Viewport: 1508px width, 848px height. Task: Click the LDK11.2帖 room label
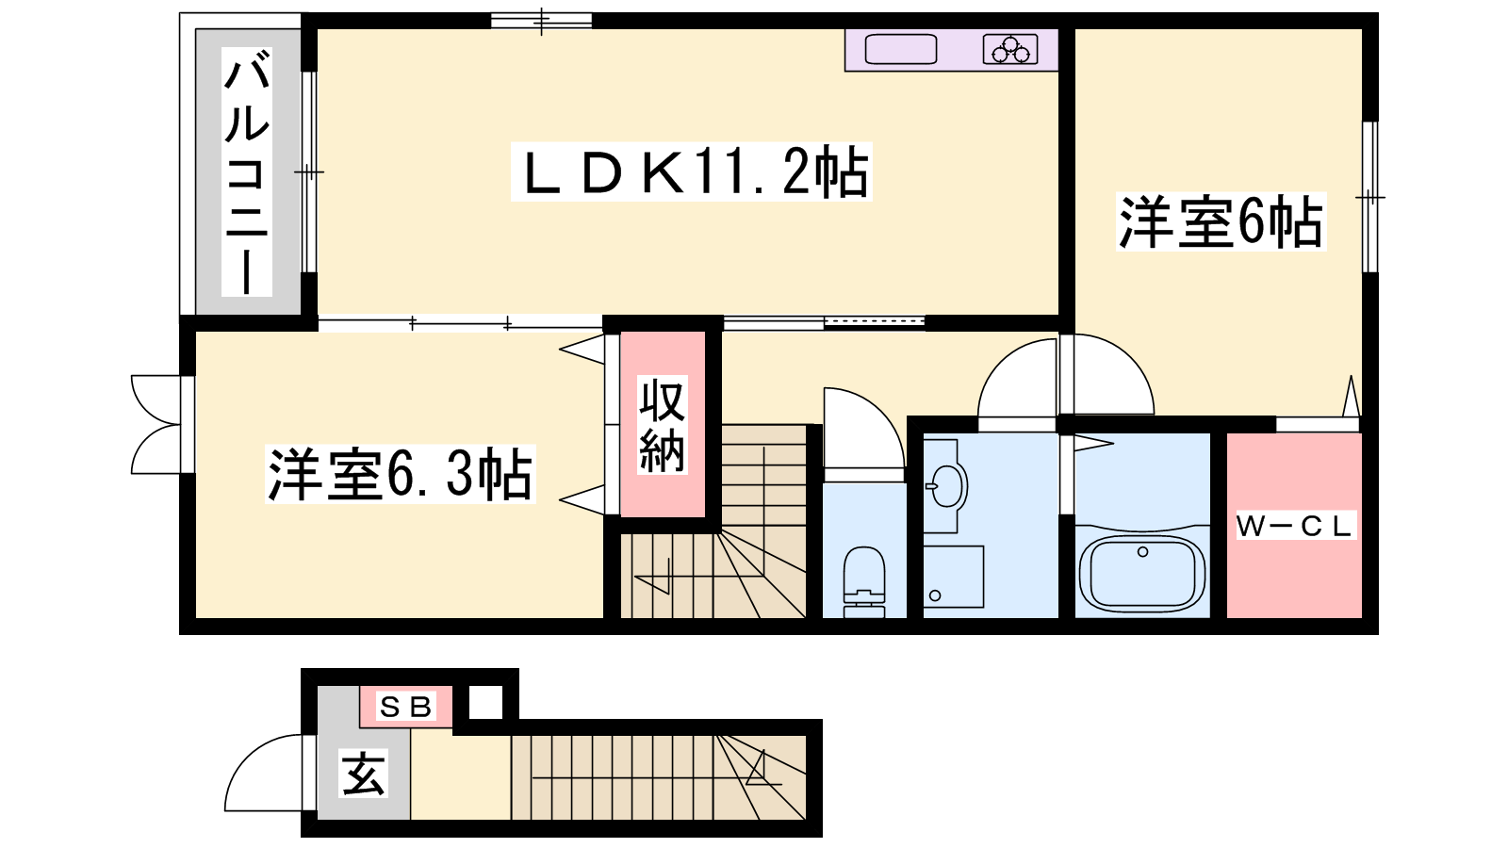tap(692, 171)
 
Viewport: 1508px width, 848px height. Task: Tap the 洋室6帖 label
tap(1221, 221)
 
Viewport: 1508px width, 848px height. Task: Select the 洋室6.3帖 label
tap(401, 474)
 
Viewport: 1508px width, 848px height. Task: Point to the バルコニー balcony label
tap(246, 172)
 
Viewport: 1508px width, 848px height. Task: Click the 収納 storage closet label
tap(663, 425)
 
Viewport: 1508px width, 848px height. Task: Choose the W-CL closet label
tap(1295, 526)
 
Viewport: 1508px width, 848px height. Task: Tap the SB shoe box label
tap(405, 707)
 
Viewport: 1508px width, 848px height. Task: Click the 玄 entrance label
tap(363, 774)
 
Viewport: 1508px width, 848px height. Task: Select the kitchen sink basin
tap(901, 49)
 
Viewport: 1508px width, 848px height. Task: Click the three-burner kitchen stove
tap(1009, 49)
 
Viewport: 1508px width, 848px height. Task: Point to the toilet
tap(863, 580)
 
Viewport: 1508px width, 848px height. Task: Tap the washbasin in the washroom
tap(946, 485)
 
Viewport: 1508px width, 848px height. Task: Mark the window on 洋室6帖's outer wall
tap(1370, 197)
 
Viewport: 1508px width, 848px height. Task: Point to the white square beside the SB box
tap(485, 702)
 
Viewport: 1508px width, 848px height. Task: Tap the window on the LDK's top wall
tap(541, 21)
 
